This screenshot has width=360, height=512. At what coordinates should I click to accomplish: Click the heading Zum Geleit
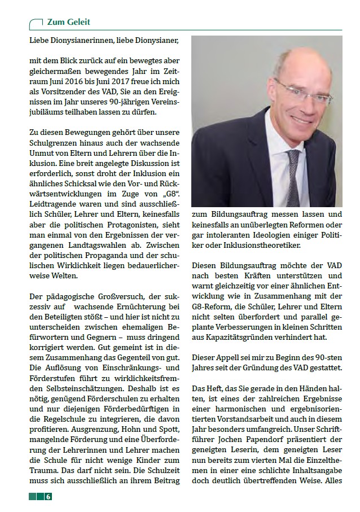tap(68, 22)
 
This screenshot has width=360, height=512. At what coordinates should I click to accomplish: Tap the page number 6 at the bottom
tap(49, 496)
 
